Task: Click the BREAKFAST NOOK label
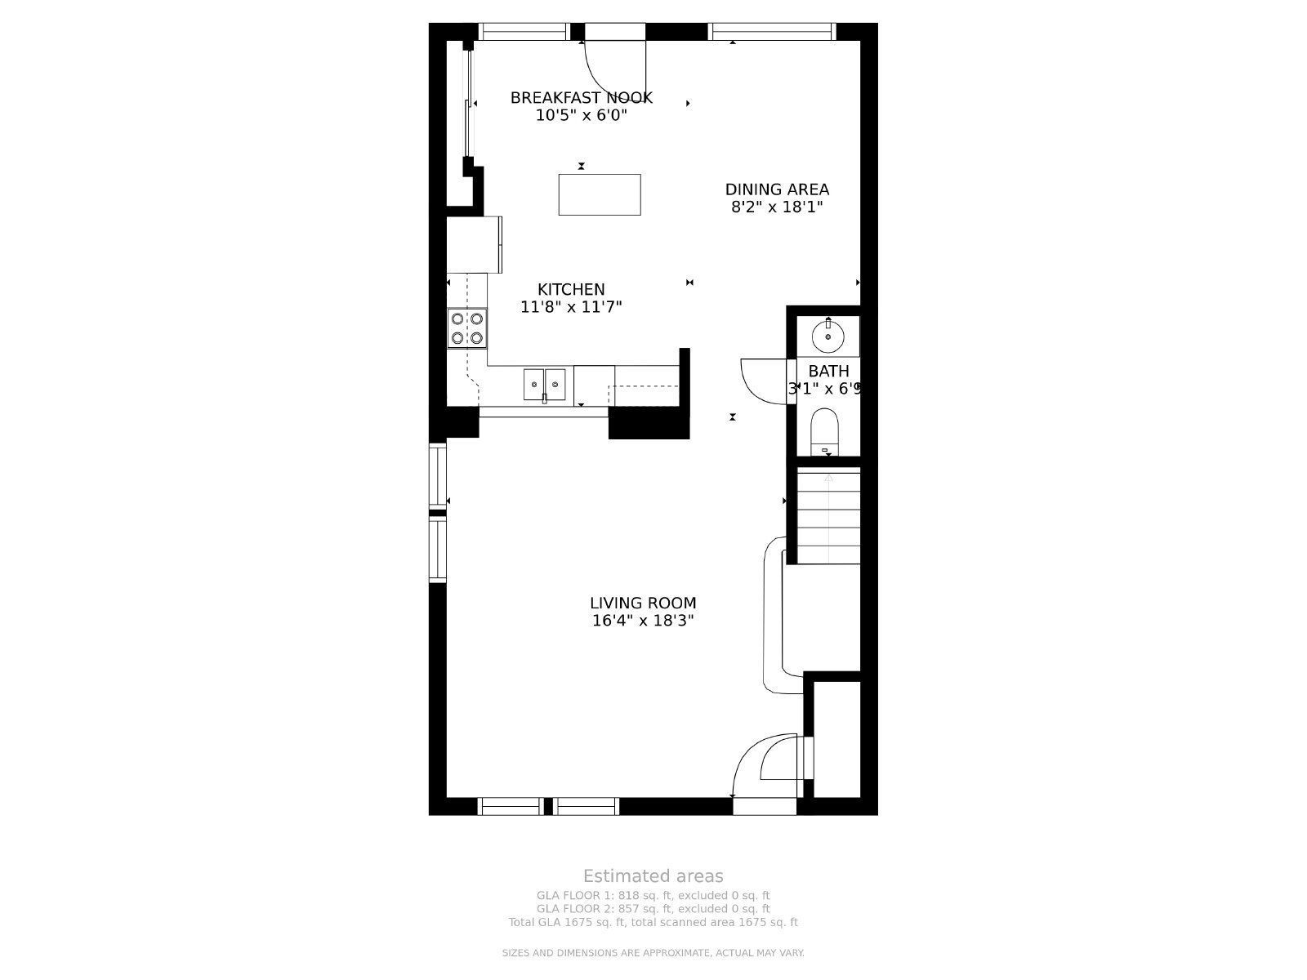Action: [581, 98]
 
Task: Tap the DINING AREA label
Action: [777, 189]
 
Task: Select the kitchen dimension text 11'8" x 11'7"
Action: [571, 307]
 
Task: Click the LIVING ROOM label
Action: [643, 604]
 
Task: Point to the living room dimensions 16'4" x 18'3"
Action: [643, 621]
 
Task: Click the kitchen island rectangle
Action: [599, 194]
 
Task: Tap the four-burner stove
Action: [467, 328]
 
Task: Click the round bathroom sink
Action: [828, 335]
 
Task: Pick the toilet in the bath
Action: [825, 432]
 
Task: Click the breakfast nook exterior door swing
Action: [613, 65]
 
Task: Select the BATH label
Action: [828, 372]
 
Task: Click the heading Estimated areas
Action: [653, 876]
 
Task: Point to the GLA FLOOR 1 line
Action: [653, 895]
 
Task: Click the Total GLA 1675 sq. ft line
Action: [653, 922]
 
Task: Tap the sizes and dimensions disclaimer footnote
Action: [653, 953]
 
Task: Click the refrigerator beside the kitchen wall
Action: [474, 244]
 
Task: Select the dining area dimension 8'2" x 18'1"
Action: [776, 207]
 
